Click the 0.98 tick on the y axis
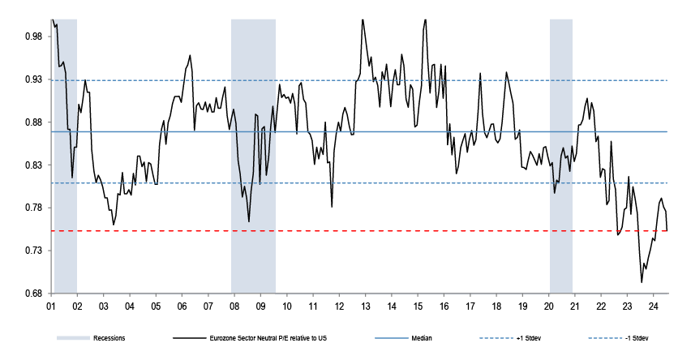33,36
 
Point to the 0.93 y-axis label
33,79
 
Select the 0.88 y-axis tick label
33,122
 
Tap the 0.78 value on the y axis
33,208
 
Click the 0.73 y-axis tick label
33,251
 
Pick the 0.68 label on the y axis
33,294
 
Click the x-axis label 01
51,306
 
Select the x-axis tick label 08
234,306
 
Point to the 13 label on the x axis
366,306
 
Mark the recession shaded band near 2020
561,154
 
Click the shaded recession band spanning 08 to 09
254,154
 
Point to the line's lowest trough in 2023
642,282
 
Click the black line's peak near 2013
363,19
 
